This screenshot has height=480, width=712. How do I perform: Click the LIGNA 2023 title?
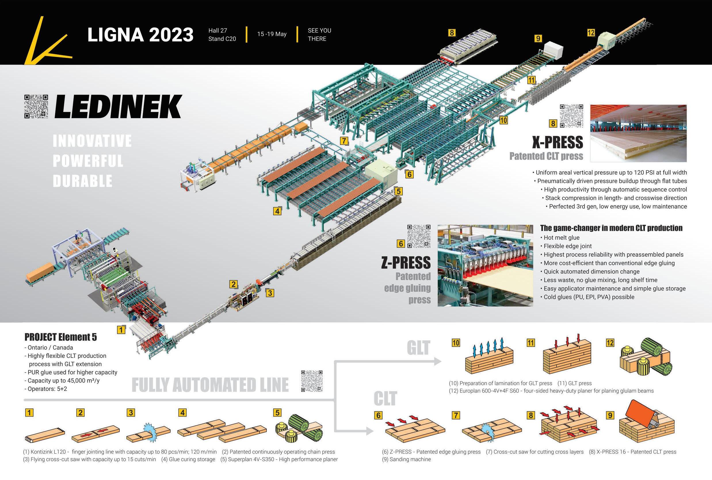point(140,35)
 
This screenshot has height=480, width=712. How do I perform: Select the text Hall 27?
point(217,30)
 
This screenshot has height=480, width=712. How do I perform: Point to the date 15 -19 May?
point(272,34)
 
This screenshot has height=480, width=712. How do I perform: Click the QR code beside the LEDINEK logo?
point(36,106)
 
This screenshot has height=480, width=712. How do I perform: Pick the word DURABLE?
point(83,181)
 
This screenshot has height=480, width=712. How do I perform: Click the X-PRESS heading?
point(557,142)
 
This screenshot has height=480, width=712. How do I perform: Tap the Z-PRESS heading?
point(406,263)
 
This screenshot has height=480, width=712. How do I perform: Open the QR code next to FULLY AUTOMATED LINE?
point(312,381)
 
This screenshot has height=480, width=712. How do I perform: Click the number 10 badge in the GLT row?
point(456,343)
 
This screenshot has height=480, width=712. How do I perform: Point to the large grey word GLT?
point(418,348)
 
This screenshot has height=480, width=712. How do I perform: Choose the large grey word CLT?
point(385,398)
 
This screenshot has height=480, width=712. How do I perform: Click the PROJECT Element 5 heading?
point(61,337)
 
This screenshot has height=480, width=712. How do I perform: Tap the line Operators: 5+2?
point(47,389)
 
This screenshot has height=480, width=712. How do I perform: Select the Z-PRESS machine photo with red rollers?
point(485,266)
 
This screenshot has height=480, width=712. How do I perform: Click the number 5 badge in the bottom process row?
point(277,413)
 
